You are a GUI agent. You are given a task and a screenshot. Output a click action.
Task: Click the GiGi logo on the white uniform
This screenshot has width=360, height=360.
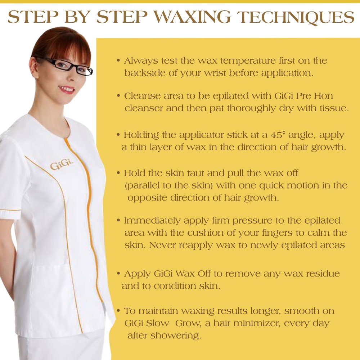tap(61, 165)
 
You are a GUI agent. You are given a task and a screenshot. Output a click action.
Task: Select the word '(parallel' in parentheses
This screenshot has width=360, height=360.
tap(144, 185)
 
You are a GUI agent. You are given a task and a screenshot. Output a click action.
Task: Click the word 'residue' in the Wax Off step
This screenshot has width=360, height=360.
tap(320, 274)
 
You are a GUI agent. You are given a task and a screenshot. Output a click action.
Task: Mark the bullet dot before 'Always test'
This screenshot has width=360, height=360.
tap(118, 60)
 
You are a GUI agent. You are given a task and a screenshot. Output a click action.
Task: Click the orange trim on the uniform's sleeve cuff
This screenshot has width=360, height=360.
tap(9, 210)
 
